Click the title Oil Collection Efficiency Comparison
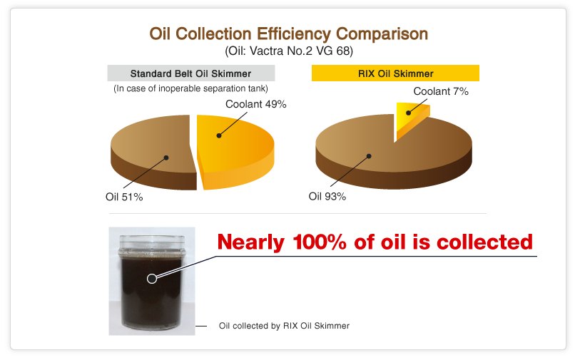[288, 34]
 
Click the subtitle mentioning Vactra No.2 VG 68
[288, 51]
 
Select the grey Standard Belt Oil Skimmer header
[190, 73]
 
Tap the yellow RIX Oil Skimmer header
[395, 73]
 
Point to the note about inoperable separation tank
[190, 88]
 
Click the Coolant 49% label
[255, 104]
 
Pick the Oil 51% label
[124, 197]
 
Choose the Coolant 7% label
[440, 91]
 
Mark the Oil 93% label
[327, 196]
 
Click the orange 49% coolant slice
[235, 146]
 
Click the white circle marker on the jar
[151, 278]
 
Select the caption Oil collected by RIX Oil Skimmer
[284, 326]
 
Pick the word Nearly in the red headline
[251, 242]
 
